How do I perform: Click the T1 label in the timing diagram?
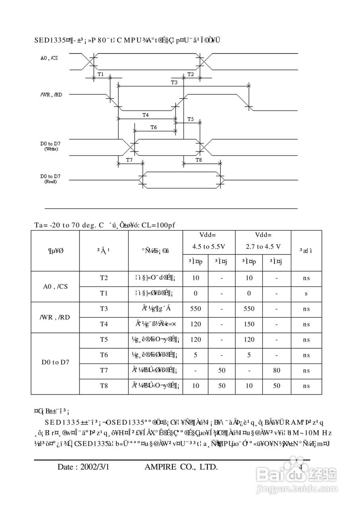pos(101,74)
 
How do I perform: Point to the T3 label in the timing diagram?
pos(174,82)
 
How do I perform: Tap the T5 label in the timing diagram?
pos(190,119)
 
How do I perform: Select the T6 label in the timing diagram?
pos(154,127)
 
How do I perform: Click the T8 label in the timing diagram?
pos(199,159)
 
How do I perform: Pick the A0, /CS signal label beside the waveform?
pos(48,58)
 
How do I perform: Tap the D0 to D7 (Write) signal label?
pos(50,145)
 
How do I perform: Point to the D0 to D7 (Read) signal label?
pos(50,178)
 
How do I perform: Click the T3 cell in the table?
pos(104,309)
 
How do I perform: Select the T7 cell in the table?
pos(104,371)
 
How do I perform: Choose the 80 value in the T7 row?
pos(277,371)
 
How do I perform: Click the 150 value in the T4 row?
pos(249,324)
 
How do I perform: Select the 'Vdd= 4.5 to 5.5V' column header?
pos(209,241)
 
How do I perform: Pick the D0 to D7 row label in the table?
pos(55,362)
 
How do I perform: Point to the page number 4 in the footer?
pos(300,467)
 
